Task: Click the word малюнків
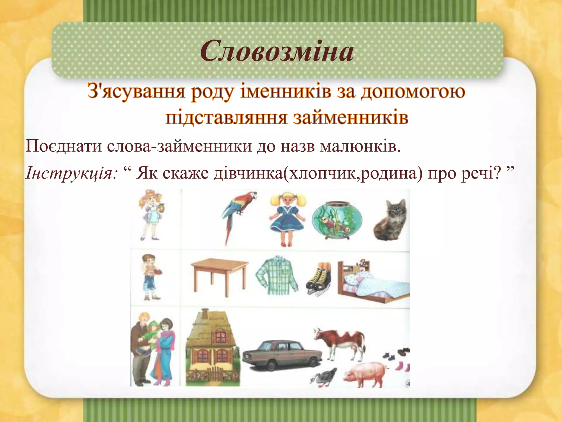click(x=360, y=146)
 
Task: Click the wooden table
click(x=220, y=275)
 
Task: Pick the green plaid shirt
click(x=277, y=275)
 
